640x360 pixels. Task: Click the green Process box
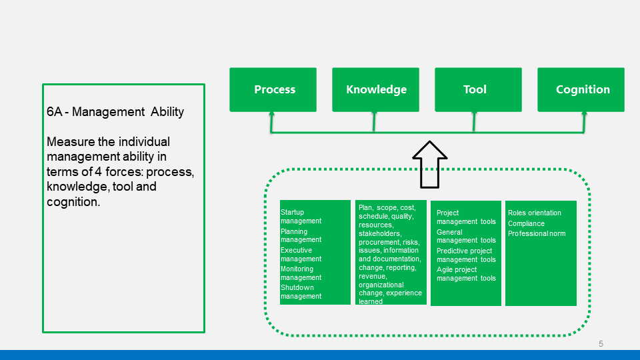[273, 90]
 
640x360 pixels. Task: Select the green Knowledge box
[375, 90]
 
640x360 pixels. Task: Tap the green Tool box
[479, 90]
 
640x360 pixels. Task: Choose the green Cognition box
[581, 90]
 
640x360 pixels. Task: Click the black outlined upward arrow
[430, 165]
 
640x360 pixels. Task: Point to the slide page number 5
[601, 344]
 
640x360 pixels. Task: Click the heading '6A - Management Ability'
[115, 112]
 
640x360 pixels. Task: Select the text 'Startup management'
[301, 216]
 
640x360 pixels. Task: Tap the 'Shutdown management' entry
[301, 292]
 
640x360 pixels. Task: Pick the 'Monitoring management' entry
[301, 273]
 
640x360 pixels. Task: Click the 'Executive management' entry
[301, 254]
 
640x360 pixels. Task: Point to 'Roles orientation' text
[534, 213]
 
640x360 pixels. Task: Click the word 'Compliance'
[526, 224]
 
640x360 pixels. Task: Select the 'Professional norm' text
[537, 233]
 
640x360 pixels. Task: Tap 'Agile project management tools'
[466, 274]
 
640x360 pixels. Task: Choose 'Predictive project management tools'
[466, 255]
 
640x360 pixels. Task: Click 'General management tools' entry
[466, 236]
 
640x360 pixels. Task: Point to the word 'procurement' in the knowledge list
[379, 242]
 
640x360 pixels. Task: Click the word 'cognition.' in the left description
[73, 201]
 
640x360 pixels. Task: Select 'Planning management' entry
[301, 235]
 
